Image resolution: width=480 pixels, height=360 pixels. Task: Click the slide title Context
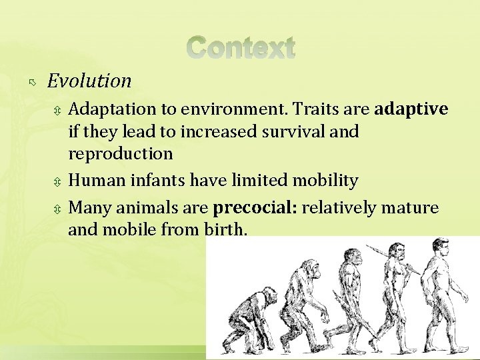pos(240,48)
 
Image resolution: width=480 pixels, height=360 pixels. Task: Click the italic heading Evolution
pos(89,81)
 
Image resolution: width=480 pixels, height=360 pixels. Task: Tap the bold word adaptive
pos(411,109)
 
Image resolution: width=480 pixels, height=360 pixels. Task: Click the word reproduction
pos(121,153)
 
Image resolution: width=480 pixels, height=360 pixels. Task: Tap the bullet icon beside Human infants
pos(59,181)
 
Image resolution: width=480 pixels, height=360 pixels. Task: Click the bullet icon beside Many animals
pos(59,209)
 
